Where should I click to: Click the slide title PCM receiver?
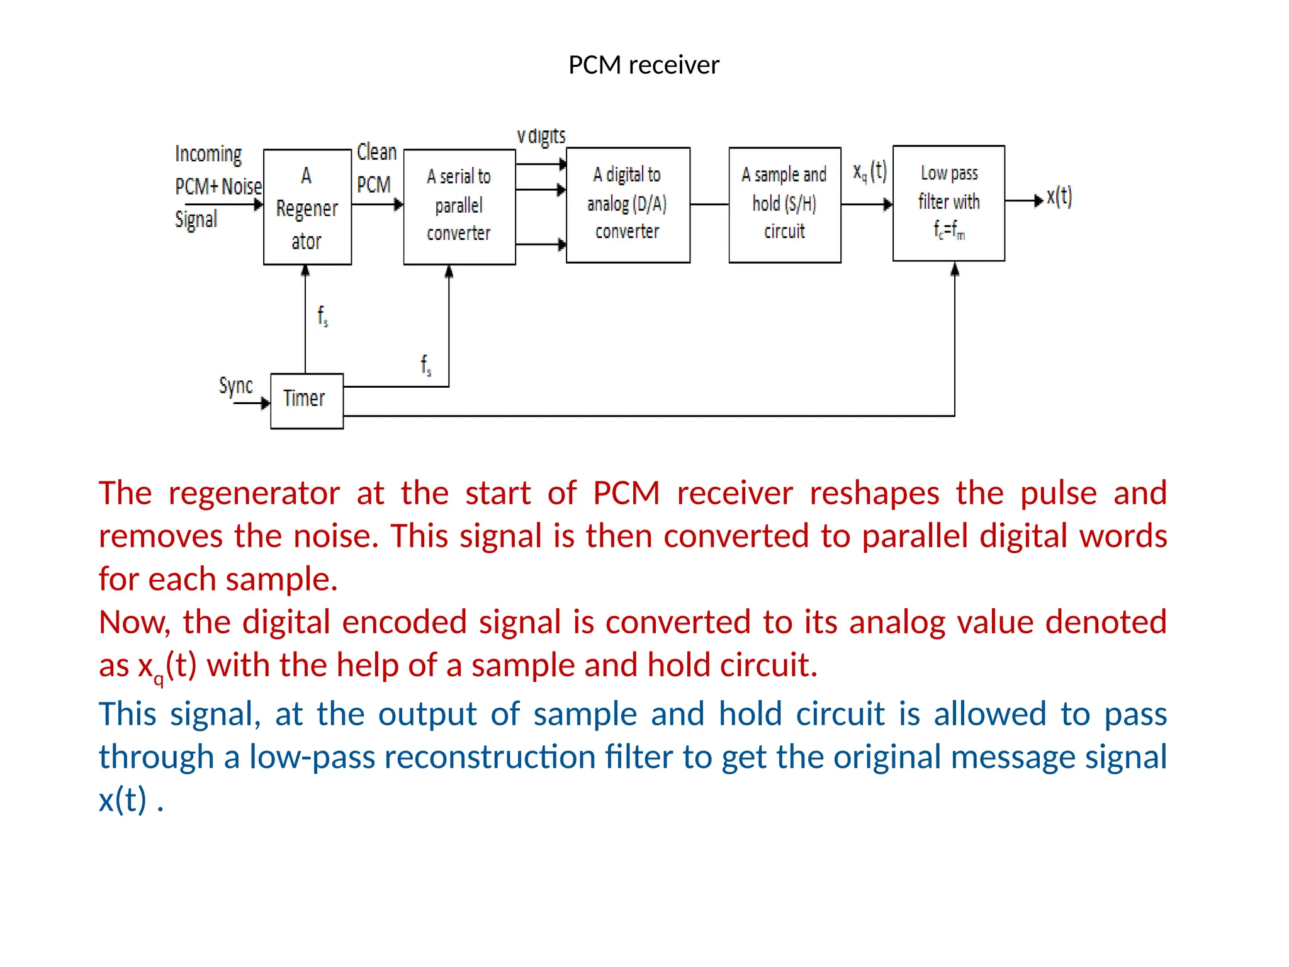point(643,65)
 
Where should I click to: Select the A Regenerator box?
point(307,207)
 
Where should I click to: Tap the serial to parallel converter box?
point(459,206)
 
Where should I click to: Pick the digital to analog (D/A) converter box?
point(628,204)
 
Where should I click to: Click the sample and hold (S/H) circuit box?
point(784,204)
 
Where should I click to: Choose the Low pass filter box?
point(948,203)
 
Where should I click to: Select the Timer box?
point(307,400)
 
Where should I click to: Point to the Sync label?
point(235,385)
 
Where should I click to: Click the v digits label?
point(541,136)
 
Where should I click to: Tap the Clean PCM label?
point(376,168)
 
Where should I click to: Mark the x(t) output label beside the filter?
point(1059,197)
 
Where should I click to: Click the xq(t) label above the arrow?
point(870,171)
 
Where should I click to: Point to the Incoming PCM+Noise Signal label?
point(217,186)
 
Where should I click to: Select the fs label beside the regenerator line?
point(322,316)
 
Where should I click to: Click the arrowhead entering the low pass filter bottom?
point(955,270)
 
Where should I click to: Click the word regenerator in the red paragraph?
point(254,494)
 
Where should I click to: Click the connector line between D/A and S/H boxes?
point(709,204)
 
